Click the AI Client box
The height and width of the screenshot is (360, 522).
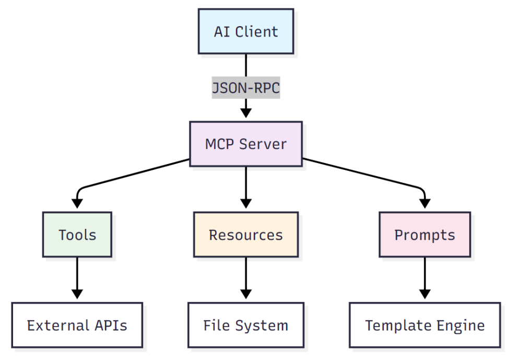click(x=245, y=31)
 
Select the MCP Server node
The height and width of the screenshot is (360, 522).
click(x=245, y=144)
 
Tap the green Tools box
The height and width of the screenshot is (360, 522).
click(x=77, y=235)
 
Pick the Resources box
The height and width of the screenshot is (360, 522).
click(x=245, y=235)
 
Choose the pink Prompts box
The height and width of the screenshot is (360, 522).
click(x=424, y=235)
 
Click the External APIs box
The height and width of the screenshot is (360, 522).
click(x=77, y=326)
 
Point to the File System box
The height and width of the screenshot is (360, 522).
click(x=245, y=326)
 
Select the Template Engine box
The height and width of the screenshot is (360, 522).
click(x=424, y=326)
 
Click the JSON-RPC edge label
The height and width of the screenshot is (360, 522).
click(x=245, y=88)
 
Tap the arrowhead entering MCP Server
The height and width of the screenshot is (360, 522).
click(x=245, y=113)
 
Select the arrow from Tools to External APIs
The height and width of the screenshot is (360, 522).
click(x=77, y=277)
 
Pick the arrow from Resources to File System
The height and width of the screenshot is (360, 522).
click(x=245, y=277)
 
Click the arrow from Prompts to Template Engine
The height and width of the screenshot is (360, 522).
click(x=424, y=277)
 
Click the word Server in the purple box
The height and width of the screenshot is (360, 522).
click(x=265, y=144)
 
